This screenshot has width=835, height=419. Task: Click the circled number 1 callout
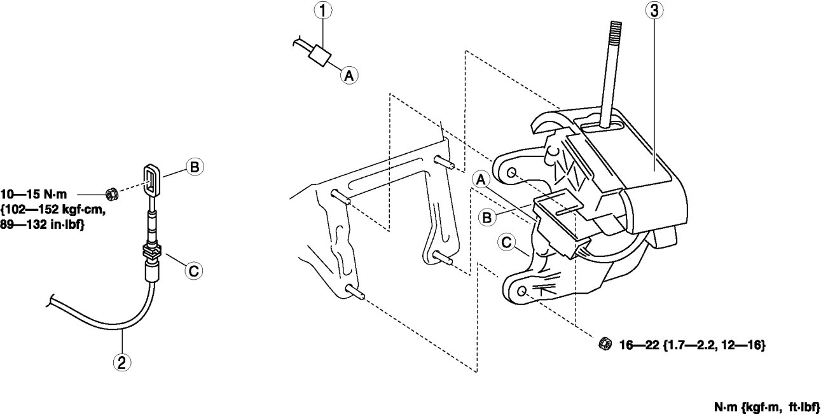(324, 10)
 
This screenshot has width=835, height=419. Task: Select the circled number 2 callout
(121, 362)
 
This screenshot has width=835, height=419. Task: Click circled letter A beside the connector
(348, 76)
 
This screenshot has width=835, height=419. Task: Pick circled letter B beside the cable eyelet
(195, 167)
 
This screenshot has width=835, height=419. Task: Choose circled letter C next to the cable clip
(195, 271)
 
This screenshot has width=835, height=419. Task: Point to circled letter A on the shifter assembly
(481, 181)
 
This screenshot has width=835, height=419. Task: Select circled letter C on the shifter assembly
(507, 242)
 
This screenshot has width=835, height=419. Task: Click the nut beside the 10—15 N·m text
(109, 191)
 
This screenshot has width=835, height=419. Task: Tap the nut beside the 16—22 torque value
(605, 344)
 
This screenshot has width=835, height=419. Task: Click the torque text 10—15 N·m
(38, 191)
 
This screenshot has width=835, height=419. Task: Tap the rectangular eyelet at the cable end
(151, 179)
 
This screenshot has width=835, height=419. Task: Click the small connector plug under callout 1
(319, 57)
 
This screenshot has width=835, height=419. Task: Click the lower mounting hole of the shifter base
(521, 290)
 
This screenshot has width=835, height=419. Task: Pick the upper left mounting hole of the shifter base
(512, 172)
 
